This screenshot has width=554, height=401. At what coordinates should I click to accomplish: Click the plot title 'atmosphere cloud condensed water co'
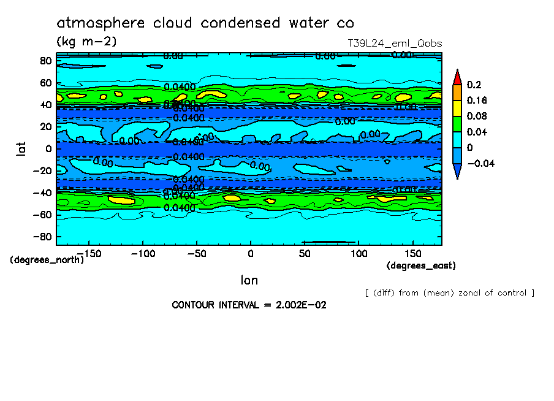[205, 23]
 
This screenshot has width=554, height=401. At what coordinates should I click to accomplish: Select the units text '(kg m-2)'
[86, 42]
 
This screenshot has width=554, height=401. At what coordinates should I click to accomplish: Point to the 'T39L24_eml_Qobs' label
[395, 44]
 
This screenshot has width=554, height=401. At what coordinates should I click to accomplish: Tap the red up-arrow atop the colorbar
[457, 76]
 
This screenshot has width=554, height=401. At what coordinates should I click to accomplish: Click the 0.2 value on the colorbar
[474, 84]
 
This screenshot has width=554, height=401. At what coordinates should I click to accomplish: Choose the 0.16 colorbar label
[477, 100]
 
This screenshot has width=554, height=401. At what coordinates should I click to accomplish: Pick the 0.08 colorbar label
[477, 116]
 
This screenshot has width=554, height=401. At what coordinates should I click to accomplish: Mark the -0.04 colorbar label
[480, 163]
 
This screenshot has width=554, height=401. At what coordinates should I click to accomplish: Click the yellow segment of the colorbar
[457, 108]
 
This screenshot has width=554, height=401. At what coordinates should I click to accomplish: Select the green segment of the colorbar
[457, 124]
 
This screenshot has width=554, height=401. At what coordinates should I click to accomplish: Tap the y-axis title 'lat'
[21, 148]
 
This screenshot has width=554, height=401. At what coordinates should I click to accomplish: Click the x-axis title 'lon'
[249, 280]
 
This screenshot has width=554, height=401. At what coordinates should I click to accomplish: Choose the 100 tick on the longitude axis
[359, 253]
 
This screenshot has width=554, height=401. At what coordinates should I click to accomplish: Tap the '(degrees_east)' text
[421, 265]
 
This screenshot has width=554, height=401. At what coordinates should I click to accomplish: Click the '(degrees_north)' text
[47, 260]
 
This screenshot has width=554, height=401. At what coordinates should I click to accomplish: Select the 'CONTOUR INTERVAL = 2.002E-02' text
[249, 305]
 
